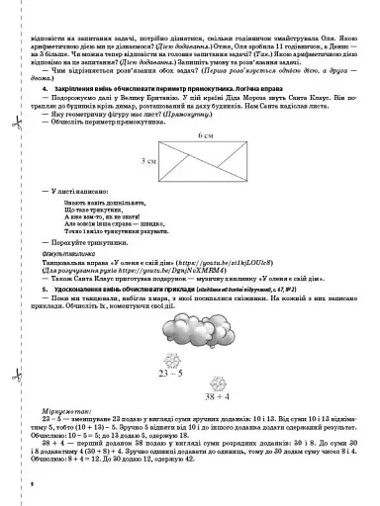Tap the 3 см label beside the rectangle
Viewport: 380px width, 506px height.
pos(148,158)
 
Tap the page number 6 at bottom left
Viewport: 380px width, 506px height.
pos(33,483)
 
